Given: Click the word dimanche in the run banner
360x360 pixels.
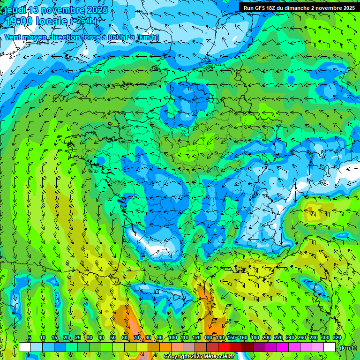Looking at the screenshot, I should click(x=300, y=7).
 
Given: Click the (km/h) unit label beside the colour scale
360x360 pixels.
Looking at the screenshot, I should click(x=347, y=347).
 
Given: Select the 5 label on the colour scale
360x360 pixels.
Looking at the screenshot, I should click(x=30, y=337).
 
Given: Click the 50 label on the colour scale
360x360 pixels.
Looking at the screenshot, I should click(x=113, y=337).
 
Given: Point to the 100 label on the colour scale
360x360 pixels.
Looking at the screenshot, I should click(x=172, y=337).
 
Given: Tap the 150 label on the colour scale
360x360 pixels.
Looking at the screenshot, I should click(x=232, y=337).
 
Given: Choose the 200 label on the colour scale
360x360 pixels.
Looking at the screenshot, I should click(x=267, y=337).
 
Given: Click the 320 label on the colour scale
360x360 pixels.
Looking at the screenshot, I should click(x=337, y=337).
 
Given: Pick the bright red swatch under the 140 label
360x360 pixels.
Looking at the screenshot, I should click(x=224, y=347).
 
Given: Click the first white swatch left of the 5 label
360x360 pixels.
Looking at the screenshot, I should click(x=25, y=347).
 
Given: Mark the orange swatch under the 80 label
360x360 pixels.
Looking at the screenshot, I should click(x=154, y=347).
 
